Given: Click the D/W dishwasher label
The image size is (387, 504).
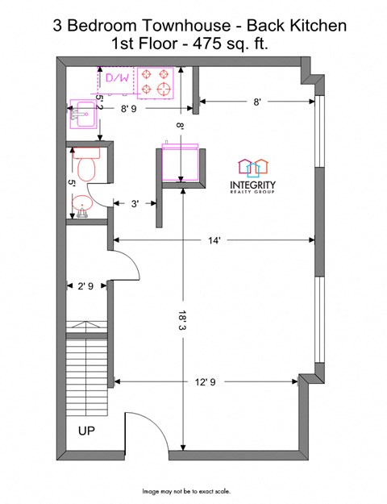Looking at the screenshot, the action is (118, 77).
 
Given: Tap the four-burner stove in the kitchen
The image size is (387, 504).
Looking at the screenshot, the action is (156, 83).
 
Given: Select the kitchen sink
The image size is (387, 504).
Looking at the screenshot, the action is (82, 114).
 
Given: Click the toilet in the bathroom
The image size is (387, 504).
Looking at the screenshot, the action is (86, 165).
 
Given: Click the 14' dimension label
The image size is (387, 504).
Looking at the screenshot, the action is (214, 240).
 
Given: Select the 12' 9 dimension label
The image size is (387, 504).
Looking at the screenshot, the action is (206, 382).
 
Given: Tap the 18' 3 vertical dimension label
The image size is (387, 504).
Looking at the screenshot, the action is (183, 320).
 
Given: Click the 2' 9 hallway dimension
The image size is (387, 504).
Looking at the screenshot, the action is (85, 285).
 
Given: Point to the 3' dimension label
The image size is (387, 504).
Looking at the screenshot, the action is (135, 203).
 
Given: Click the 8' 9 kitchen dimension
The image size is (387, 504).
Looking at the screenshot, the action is (128, 109).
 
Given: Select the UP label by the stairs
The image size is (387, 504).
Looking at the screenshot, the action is (86, 431).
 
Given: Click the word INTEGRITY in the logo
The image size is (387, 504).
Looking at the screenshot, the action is (252, 185).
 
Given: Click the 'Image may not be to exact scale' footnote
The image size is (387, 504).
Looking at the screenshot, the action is (186, 491).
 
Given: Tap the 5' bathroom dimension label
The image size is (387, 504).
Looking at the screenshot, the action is (72, 184).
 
